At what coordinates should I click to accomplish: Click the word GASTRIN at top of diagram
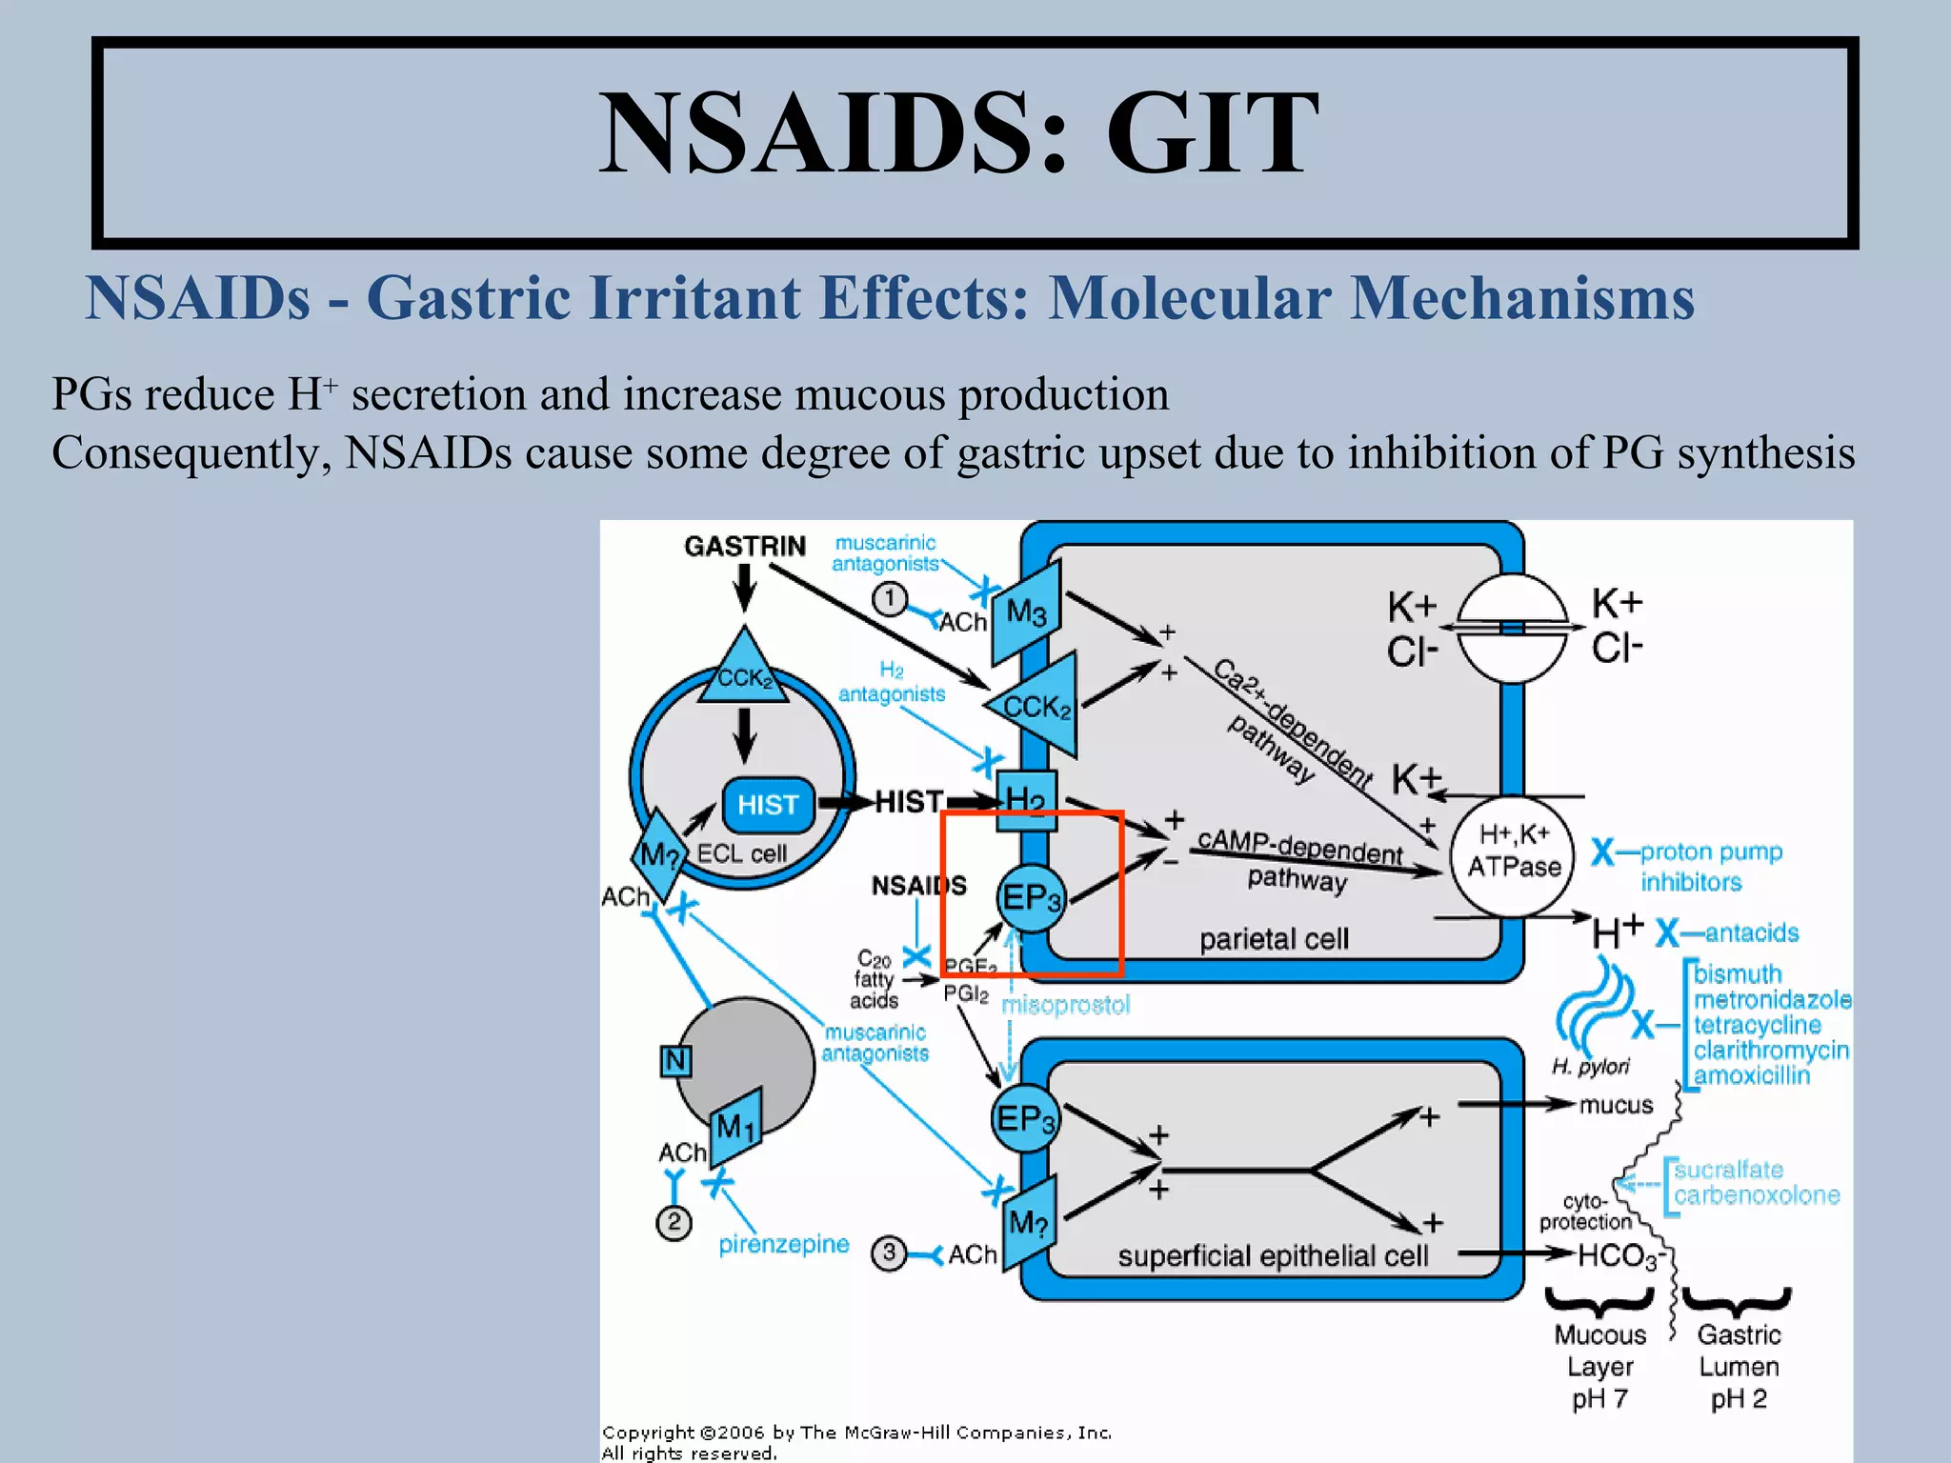pos(744,546)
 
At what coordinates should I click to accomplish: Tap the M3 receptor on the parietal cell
pos(1026,612)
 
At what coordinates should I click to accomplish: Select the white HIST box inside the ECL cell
pos(768,805)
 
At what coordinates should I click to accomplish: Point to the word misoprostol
pos(1066,1005)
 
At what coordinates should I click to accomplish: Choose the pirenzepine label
pos(783,1244)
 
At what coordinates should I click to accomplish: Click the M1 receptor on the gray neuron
pos(735,1128)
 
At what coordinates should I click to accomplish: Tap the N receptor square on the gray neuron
pos(675,1060)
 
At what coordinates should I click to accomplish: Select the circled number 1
pos(890,599)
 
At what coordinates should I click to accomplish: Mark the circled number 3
pos(889,1253)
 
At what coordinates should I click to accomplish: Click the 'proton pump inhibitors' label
pos(1710,866)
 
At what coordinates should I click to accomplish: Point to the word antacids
pos(1751,932)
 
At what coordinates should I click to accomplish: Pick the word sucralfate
pos(1728,1170)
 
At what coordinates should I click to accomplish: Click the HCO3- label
pos(1620,1256)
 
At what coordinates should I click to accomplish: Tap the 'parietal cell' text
pos(1274,939)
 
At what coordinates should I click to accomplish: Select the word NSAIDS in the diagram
pos(918,886)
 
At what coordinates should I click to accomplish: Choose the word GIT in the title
pos(1212,133)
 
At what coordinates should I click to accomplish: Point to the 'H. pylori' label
pos(1590,1067)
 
